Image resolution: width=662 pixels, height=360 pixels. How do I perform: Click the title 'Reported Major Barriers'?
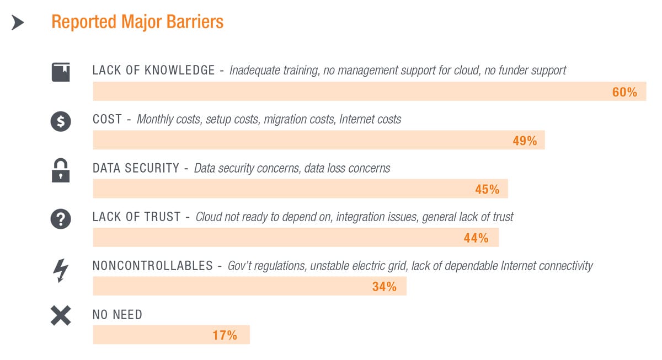[x=137, y=22]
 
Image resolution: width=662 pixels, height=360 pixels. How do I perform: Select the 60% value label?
[x=624, y=92]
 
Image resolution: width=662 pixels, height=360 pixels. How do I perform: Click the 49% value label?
[x=525, y=141]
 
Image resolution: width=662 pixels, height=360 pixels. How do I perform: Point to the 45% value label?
[x=487, y=189]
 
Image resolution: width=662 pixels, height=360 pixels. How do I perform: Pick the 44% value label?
[x=476, y=238]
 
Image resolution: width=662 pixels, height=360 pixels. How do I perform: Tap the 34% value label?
[x=384, y=287]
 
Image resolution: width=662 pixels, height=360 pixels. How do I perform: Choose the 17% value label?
[x=225, y=335]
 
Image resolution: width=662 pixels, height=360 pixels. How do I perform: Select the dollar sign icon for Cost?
[x=61, y=121]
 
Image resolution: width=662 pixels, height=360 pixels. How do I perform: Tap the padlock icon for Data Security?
[x=61, y=170]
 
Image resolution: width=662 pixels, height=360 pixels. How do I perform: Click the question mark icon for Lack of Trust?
[x=61, y=219]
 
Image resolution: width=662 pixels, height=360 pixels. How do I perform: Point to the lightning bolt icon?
[x=61, y=270]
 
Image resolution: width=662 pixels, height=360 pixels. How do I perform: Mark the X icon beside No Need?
[x=61, y=316]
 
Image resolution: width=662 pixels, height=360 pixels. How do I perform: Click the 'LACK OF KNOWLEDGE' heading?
[x=153, y=71]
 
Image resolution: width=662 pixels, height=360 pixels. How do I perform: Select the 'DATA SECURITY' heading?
[x=136, y=168]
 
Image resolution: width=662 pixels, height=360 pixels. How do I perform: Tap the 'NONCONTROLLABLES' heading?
[x=152, y=266]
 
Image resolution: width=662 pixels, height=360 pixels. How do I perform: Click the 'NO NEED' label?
[x=117, y=315]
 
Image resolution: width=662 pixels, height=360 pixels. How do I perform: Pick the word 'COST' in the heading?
[x=107, y=119]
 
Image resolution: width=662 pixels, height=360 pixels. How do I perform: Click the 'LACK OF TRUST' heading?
[x=136, y=217]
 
